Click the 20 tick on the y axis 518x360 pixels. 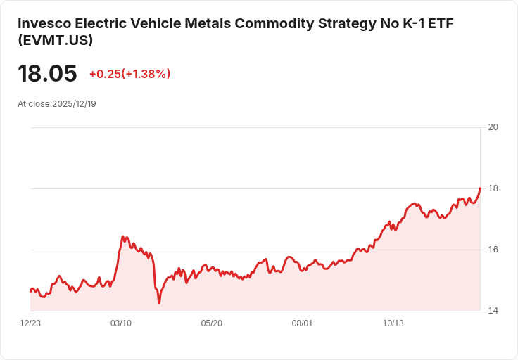coord(493,127)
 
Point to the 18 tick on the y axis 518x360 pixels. coord(493,188)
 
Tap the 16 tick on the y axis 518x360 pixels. coord(493,250)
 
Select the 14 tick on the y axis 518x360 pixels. coord(493,311)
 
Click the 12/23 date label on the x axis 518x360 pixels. coord(30,323)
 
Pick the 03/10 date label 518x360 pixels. coord(121,323)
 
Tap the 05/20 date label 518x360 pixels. coord(211,323)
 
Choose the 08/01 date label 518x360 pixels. coord(302,323)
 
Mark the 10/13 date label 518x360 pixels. coord(393,323)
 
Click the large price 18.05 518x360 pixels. coord(47,73)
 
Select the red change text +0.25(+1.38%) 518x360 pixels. coord(129,74)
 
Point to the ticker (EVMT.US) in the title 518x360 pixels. coord(55,40)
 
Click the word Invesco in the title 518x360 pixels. coord(44,23)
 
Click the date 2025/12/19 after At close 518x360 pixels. coord(74,104)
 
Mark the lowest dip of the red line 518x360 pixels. coord(159,302)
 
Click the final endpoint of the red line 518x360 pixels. coord(480,188)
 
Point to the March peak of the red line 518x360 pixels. coord(122,236)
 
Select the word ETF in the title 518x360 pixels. coord(441,23)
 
